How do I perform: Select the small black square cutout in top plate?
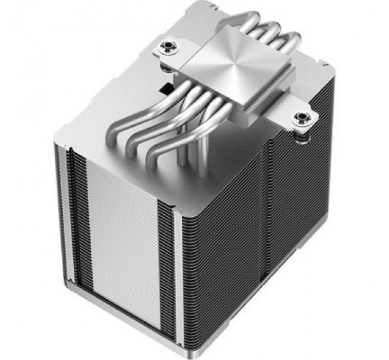tap(164, 89)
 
